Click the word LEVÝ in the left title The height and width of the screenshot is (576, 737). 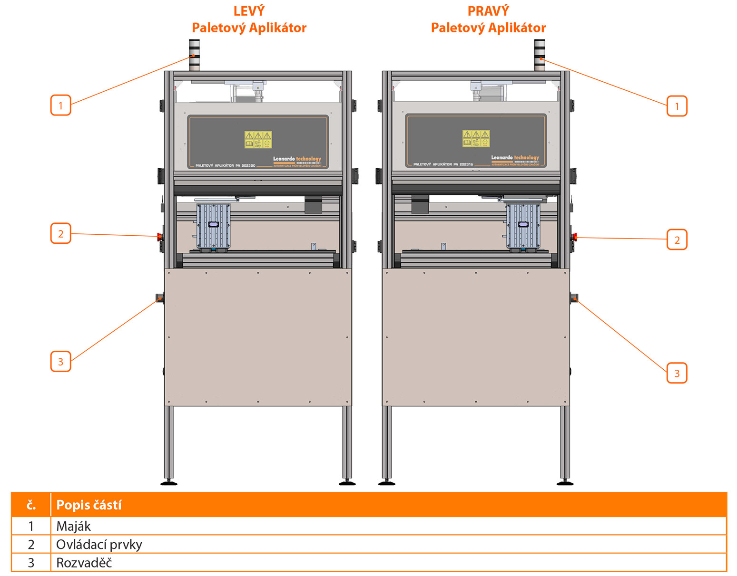tap(249, 11)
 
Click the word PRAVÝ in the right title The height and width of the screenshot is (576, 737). tap(488, 11)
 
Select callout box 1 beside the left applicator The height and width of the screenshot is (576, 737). tap(60, 105)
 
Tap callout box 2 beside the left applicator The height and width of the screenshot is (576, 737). tap(60, 233)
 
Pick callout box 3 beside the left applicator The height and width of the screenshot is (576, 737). tap(60, 362)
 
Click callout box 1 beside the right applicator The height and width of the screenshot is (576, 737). tap(677, 106)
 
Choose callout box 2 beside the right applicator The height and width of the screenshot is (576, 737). tap(677, 240)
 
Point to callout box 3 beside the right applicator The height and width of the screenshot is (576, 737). tap(677, 373)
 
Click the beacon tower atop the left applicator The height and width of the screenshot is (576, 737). tap(194, 55)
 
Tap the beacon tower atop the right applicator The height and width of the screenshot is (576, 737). tap(540, 55)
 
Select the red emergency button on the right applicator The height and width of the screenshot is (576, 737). tap(575, 237)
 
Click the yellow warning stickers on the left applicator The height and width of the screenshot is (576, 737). tap(258, 140)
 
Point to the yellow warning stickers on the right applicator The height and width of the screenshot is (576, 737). tap(476, 138)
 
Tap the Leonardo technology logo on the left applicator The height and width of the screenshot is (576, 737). tap(297, 159)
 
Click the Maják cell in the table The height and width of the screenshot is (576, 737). tap(73, 526)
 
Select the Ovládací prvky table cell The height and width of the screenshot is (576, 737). tap(99, 544)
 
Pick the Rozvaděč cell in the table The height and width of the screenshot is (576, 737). tap(84, 563)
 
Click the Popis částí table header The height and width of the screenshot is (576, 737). tap(89, 505)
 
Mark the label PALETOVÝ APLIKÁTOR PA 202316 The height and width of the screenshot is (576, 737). tap(443, 164)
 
